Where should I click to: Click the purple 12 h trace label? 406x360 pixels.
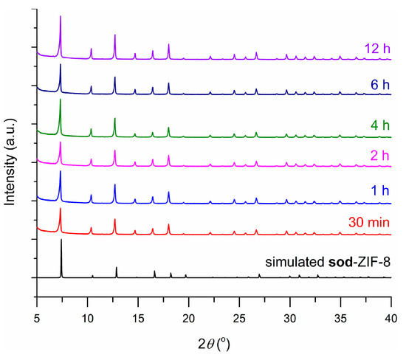coord(376,49)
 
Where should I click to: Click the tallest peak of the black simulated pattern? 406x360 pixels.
coord(61,240)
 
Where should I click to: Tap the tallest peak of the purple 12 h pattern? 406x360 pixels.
coord(61,17)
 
